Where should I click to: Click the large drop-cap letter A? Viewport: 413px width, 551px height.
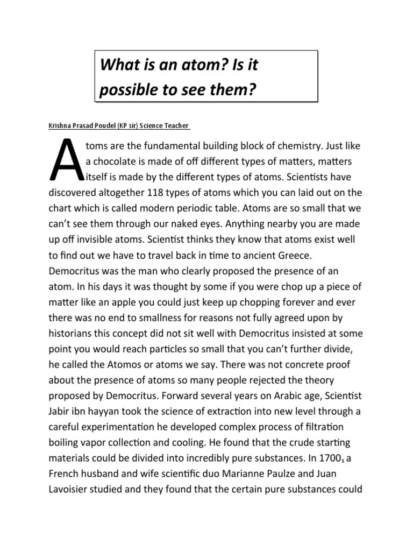pyautogui.click(x=65, y=160)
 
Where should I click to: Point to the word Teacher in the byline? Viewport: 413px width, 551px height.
pyautogui.click(x=176, y=126)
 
